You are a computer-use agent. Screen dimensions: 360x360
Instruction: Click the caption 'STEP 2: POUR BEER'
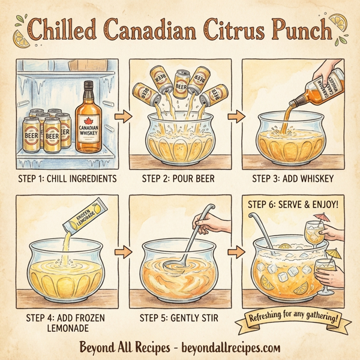[180, 178]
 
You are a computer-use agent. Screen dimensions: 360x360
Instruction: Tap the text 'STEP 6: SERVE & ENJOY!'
[292, 204]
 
